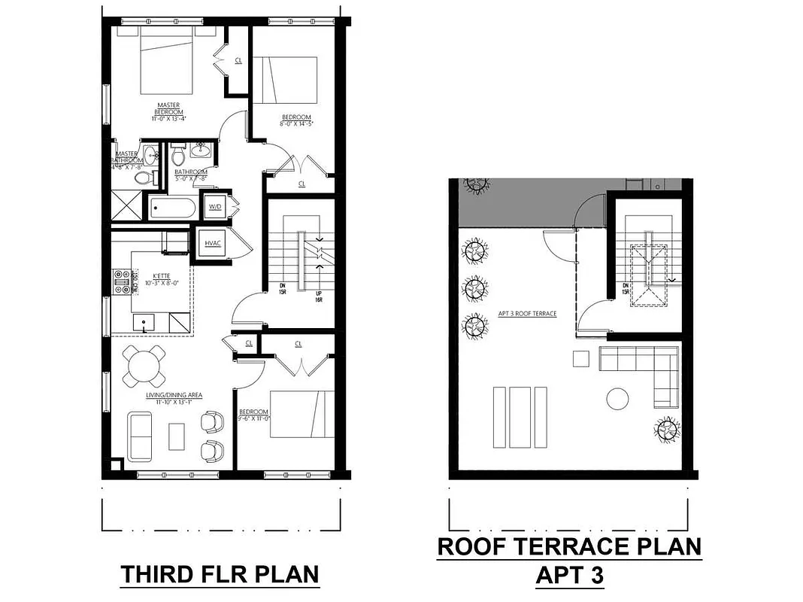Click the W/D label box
coord(214,206)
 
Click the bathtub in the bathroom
coord(172,207)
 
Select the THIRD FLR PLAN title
coord(220,574)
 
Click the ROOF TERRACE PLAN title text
coord(569,546)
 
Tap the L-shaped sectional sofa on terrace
coord(647,373)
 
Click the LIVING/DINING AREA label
coord(174,398)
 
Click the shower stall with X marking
coord(126,205)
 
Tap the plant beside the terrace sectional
coord(665,430)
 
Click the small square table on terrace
coord(580,358)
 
